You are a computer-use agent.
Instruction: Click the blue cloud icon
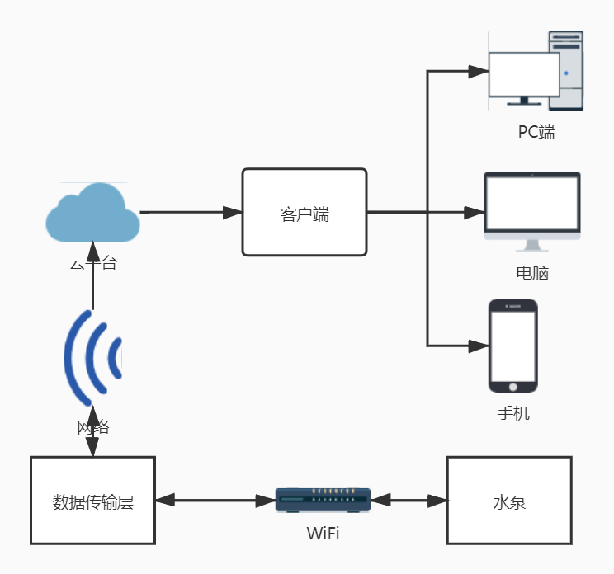tap(92, 213)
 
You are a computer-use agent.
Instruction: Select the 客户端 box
tap(304, 213)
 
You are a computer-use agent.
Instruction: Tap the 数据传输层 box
tap(92, 501)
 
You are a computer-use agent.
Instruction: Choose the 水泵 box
tap(509, 501)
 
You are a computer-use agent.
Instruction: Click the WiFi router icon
tap(323, 500)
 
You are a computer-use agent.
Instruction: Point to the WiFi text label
tap(323, 533)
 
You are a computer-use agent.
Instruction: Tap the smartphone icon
tap(512, 345)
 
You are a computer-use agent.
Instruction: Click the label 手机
tap(513, 412)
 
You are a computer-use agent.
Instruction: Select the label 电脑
tap(531, 273)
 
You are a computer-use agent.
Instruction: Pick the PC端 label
tap(536, 132)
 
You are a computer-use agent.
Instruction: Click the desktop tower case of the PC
tap(568, 71)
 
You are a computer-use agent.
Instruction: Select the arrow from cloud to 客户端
tap(190, 213)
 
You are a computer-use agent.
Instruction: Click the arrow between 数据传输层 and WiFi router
tap(215, 500)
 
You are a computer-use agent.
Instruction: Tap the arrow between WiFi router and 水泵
tap(409, 500)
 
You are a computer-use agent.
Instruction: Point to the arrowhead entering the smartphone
tap(477, 345)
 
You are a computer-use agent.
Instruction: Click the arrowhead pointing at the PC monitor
tap(478, 72)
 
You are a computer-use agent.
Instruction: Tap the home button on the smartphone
tap(512, 385)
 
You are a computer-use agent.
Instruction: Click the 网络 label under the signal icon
tap(92, 427)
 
